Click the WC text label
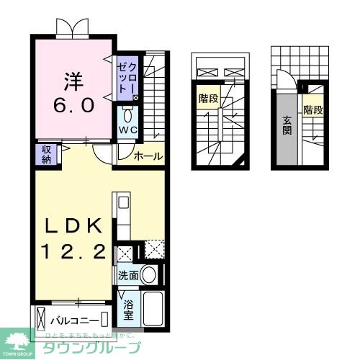[x=128, y=130]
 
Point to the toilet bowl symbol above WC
[x=128, y=115]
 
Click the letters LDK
[x=72, y=225]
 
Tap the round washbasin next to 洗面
[x=149, y=274]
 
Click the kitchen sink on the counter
[x=122, y=202]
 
